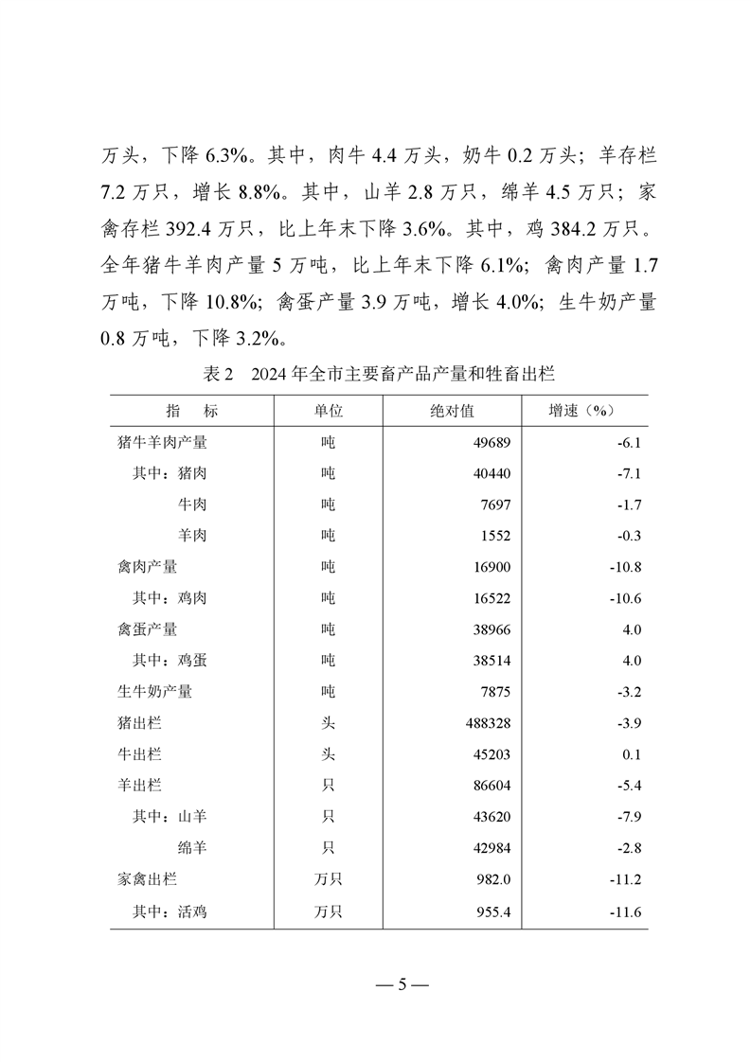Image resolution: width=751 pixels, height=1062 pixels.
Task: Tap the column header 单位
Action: pos(328,411)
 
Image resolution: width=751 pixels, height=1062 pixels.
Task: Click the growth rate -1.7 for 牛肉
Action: pos(629,504)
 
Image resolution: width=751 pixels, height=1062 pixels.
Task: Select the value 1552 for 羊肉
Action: pos(495,536)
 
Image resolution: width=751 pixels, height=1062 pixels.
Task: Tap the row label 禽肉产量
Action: pos(143,567)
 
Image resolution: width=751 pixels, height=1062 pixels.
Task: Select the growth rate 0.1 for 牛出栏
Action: pos(633,754)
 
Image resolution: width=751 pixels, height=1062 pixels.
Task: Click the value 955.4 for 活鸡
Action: pos(492,911)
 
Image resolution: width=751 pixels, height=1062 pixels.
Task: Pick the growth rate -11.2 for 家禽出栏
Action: pos(626,879)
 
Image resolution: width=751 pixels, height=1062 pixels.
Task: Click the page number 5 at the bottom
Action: pos(402,984)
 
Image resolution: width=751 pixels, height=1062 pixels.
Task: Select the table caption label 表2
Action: pos(219,374)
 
